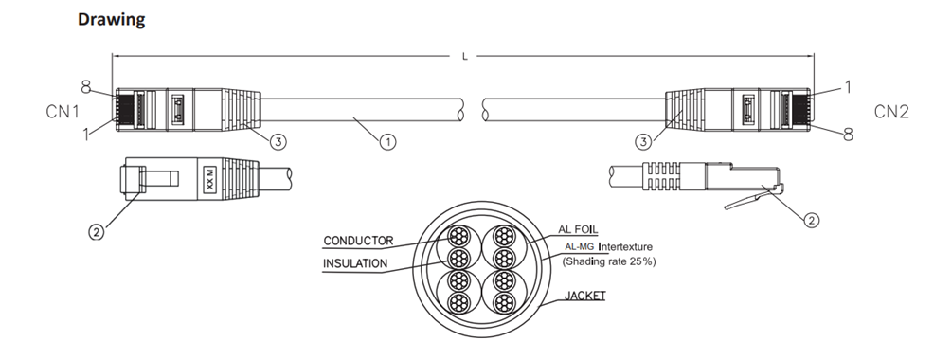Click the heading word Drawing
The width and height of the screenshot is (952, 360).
click(x=112, y=20)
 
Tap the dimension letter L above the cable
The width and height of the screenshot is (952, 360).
click(x=465, y=57)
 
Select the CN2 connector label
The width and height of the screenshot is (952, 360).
click(x=891, y=112)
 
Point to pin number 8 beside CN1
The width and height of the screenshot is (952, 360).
click(x=85, y=87)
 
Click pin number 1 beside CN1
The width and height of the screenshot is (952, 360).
click(x=86, y=134)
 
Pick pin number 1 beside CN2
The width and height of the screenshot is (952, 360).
click(x=848, y=87)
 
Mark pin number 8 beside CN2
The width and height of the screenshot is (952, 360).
click(x=847, y=135)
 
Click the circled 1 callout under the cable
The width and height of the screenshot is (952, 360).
click(x=388, y=142)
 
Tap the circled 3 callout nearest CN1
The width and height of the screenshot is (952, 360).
click(x=278, y=141)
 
